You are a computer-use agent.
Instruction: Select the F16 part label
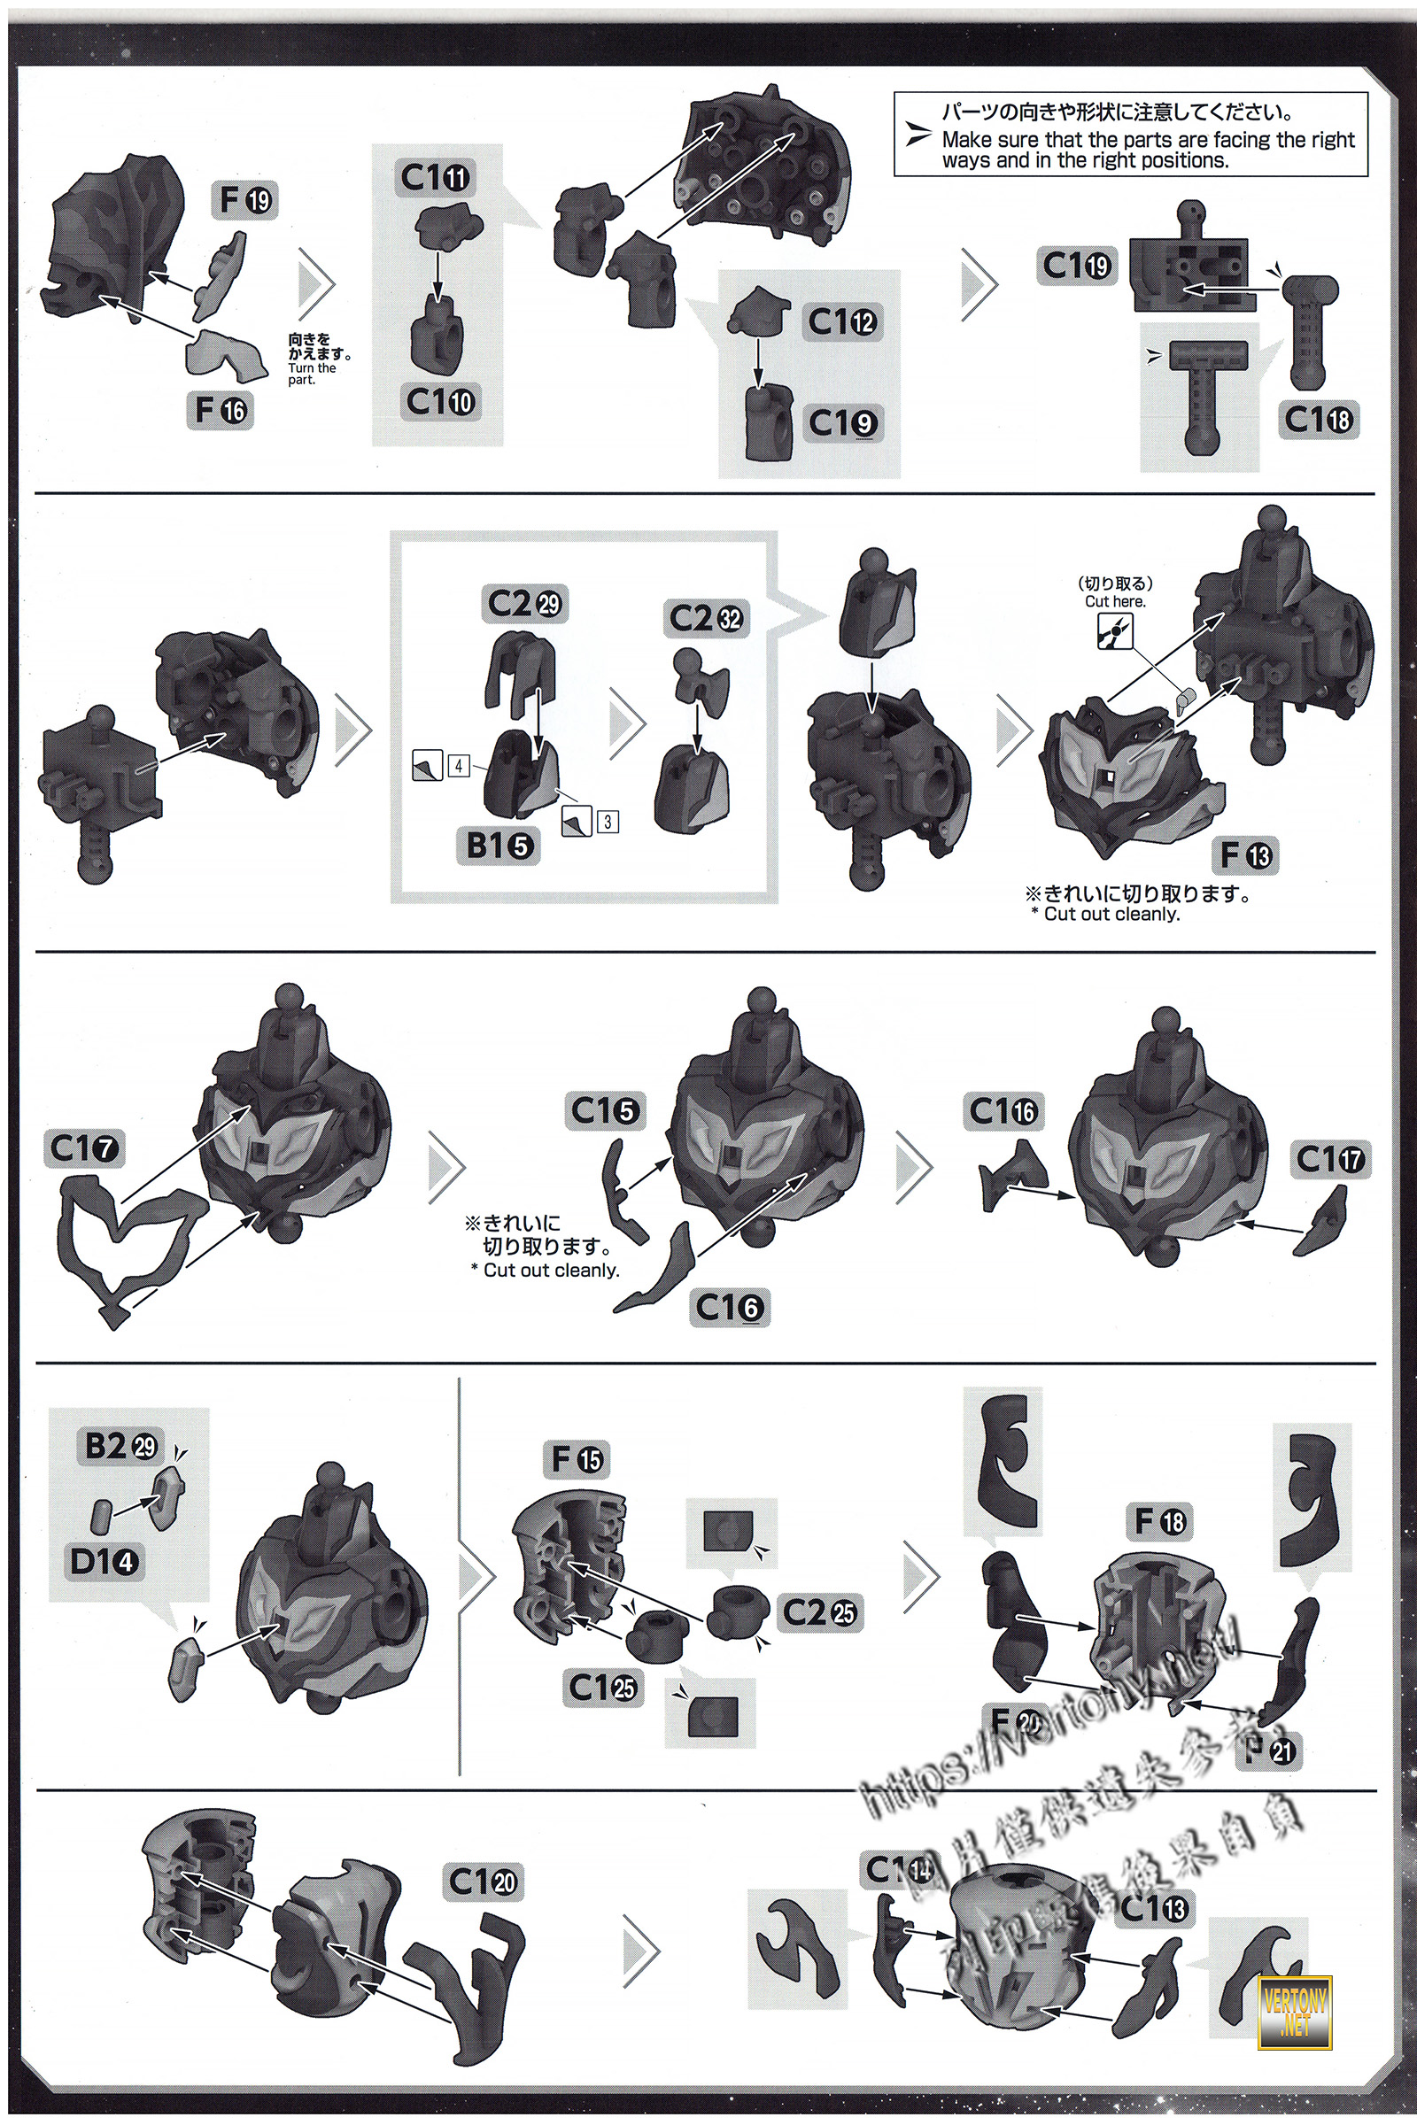tap(221, 411)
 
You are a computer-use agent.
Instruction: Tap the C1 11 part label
tap(435, 178)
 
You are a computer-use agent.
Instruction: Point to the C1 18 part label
tap(1319, 419)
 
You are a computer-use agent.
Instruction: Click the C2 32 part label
tap(706, 619)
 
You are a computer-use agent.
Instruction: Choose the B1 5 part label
tap(499, 846)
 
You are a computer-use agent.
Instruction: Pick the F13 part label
tap(1244, 854)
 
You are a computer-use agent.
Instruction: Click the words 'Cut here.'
tap(1114, 602)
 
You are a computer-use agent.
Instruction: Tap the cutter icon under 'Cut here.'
tap(1114, 632)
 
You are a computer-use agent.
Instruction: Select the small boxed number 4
tap(459, 766)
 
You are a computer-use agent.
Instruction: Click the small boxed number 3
tap(608, 822)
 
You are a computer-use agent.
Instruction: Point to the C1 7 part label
tap(84, 1149)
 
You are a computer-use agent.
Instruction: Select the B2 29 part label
tap(121, 1447)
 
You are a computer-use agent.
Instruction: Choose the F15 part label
tap(578, 1459)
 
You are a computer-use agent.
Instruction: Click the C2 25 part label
tap(818, 1612)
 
